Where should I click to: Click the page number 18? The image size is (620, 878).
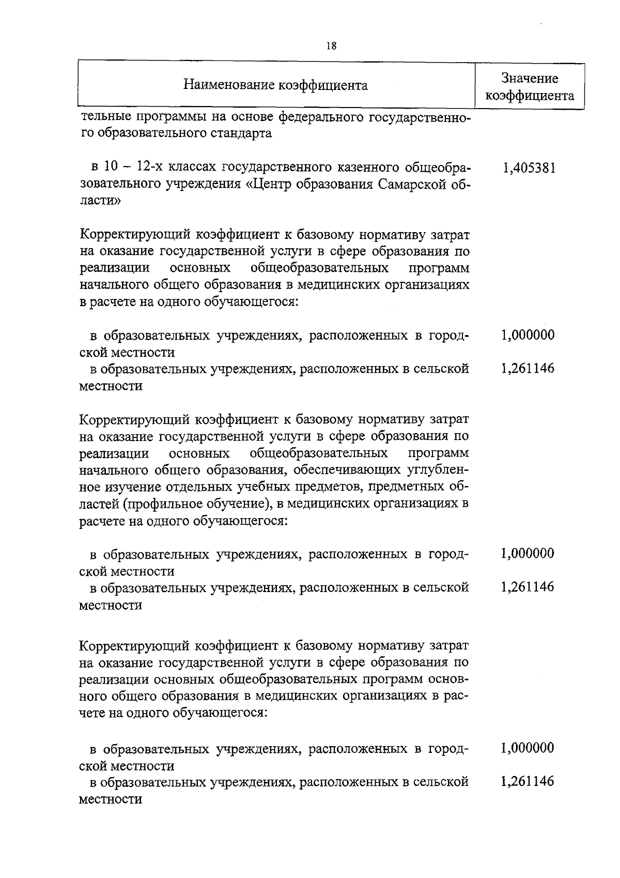(x=332, y=46)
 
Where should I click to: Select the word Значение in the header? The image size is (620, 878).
(x=530, y=79)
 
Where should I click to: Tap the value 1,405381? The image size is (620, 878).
(x=529, y=168)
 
